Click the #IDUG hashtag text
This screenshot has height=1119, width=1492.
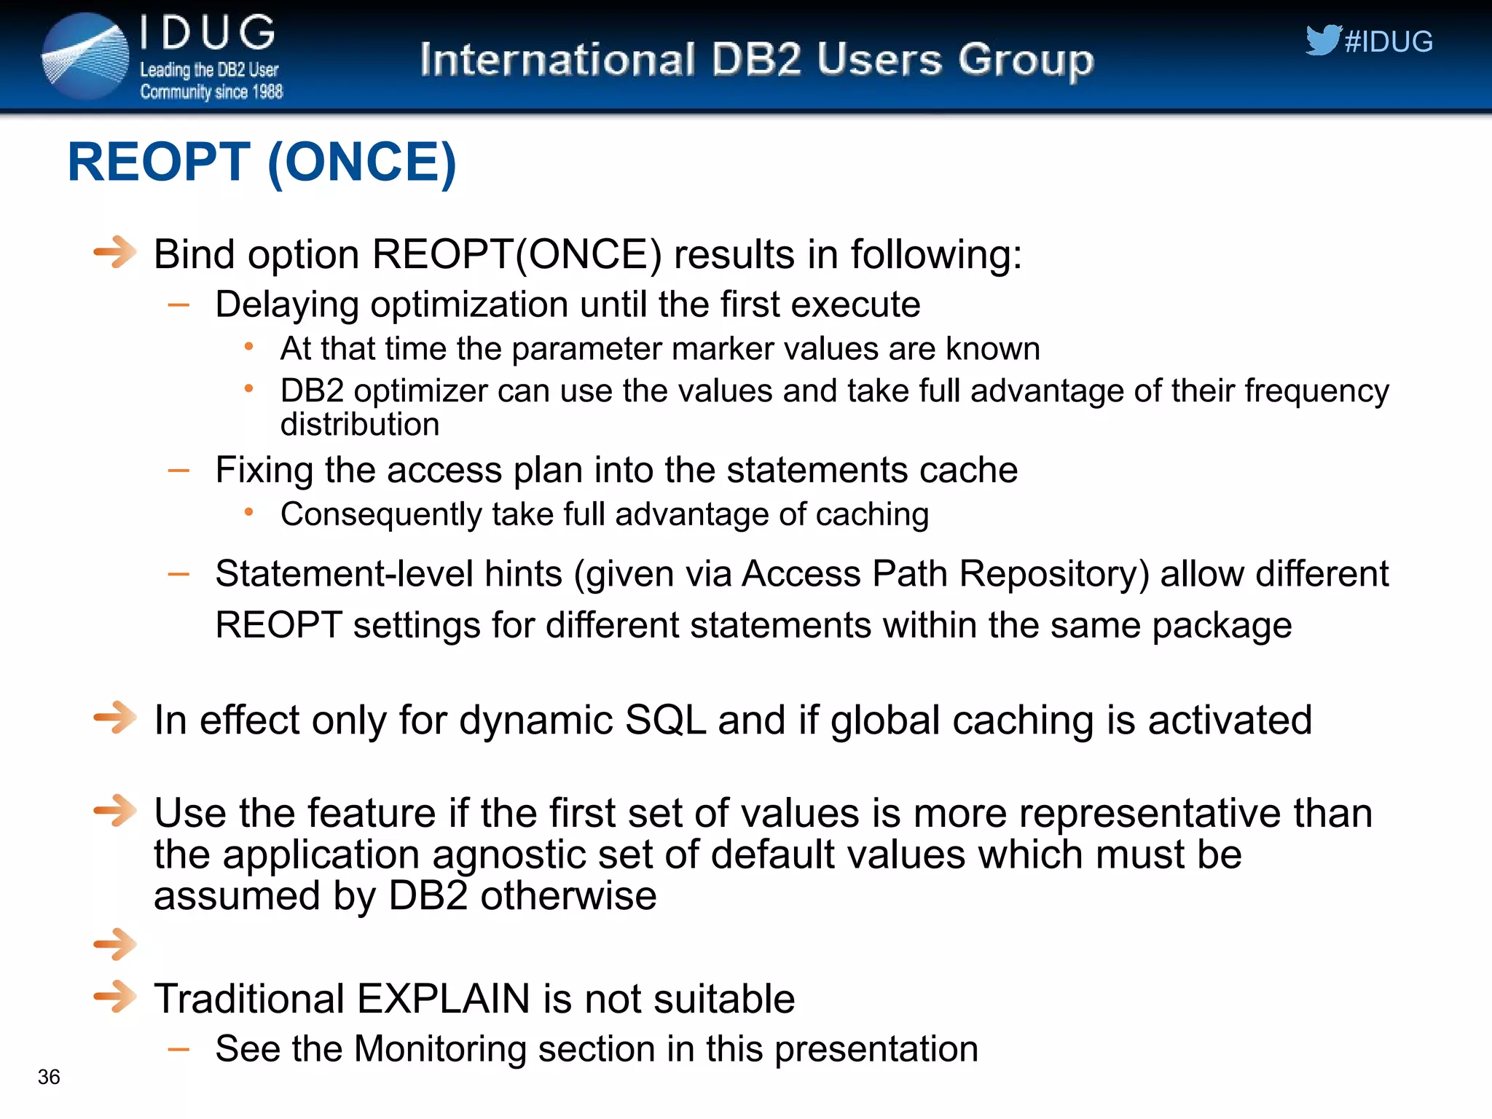[1389, 42]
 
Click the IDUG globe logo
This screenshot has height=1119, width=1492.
[85, 56]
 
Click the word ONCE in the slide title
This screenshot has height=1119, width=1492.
[362, 162]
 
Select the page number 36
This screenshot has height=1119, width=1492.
[49, 1077]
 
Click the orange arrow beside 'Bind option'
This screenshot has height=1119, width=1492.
[115, 253]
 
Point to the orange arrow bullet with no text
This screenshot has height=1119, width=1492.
[115, 944]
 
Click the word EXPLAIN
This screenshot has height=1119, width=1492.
[444, 998]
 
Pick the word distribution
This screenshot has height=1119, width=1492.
[360, 425]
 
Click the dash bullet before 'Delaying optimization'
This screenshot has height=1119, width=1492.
[178, 305]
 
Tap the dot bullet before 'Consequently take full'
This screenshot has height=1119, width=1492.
[249, 513]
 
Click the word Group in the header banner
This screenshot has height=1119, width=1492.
[1026, 60]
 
